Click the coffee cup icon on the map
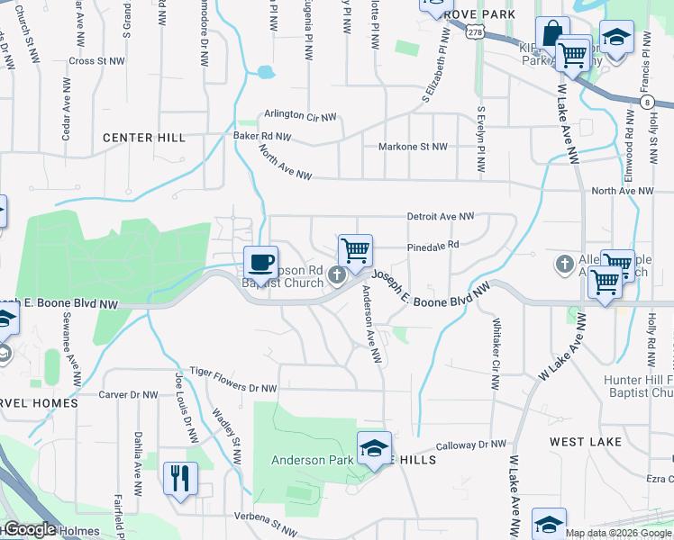[x=260, y=261]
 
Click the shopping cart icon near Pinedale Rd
[x=356, y=249]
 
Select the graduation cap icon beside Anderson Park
[x=374, y=447]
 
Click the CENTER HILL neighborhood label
[x=144, y=138]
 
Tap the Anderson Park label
[x=312, y=460]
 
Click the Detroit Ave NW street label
[x=441, y=217]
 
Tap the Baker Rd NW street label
[x=262, y=137]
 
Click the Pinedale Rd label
[x=433, y=244]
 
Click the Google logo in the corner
[x=30, y=529]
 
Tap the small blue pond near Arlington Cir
[x=264, y=72]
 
